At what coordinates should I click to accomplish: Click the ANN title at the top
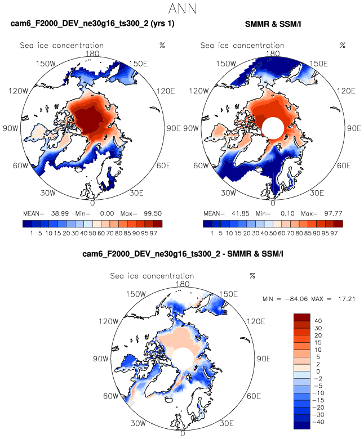pyautogui.click(x=182, y=8)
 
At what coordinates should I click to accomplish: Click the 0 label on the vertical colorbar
pyautogui.click(x=319, y=370)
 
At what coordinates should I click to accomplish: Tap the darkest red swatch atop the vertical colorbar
pyautogui.click(x=303, y=316)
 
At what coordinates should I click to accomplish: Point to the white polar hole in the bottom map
pyautogui.click(x=183, y=357)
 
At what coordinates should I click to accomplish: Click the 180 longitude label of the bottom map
pyautogui.click(x=183, y=284)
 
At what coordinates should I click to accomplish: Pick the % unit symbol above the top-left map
pyautogui.click(x=162, y=46)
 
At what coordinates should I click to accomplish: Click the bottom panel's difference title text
pyautogui.click(x=182, y=254)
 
